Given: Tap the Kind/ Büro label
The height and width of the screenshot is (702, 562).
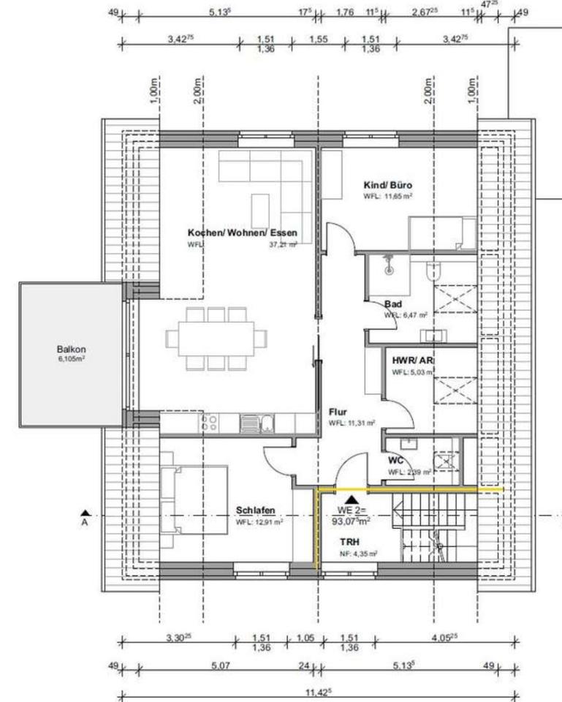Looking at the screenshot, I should click(x=387, y=186).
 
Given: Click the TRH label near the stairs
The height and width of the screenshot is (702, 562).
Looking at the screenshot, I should click(x=349, y=542).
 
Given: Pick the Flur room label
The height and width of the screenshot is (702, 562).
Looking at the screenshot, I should click(x=337, y=412).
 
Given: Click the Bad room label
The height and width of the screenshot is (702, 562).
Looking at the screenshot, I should click(x=393, y=303).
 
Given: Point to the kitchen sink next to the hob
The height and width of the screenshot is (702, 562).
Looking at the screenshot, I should click(x=268, y=423).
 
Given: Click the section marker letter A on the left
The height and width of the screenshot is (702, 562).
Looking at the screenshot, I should click(x=84, y=523).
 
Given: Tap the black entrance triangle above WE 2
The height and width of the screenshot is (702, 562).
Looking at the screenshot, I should click(x=352, y=499).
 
